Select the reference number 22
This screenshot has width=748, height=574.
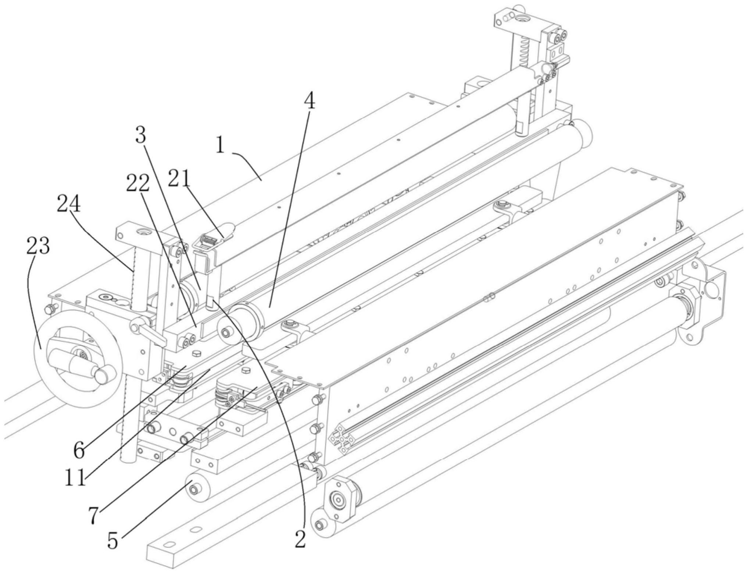coord(138,183)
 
